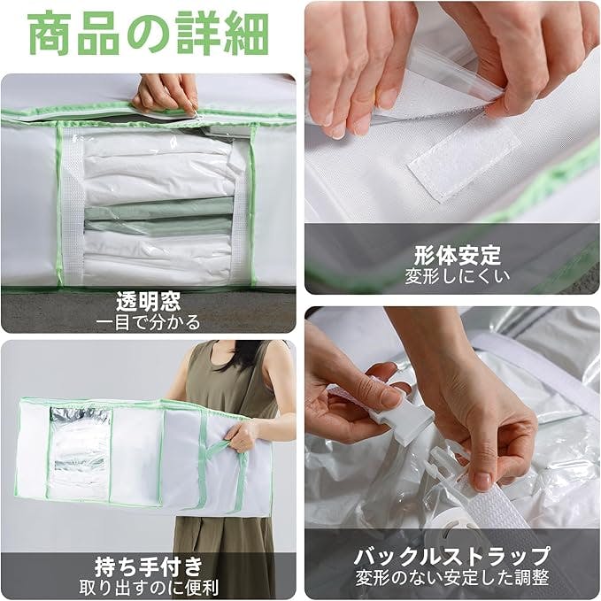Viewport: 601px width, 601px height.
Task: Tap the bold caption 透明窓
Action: pos(149,301)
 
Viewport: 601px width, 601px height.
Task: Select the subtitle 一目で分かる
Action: pos(148,322)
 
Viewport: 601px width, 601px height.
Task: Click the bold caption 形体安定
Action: pos(458,255)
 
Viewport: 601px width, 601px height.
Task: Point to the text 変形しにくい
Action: pos(458,276)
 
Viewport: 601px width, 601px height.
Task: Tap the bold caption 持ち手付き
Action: pos(149,566)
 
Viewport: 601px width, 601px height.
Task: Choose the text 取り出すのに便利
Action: pos(149,587)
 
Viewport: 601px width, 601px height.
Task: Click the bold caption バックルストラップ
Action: pos(452,557)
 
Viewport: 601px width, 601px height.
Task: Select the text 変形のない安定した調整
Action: pos(452,578)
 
